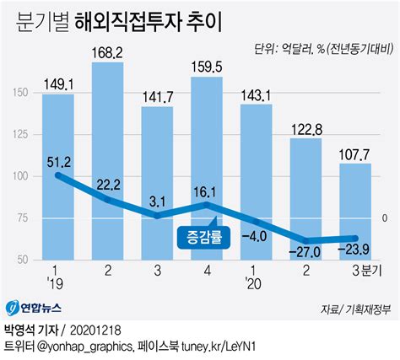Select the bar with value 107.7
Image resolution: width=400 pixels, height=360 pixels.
355,211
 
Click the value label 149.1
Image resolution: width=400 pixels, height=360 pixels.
57,83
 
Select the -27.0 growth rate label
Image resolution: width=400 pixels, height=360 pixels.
305,251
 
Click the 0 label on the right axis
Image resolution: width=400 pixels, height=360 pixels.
384,217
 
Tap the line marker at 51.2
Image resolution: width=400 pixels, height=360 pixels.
58,175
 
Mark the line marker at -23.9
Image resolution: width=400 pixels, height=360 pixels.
355,239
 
